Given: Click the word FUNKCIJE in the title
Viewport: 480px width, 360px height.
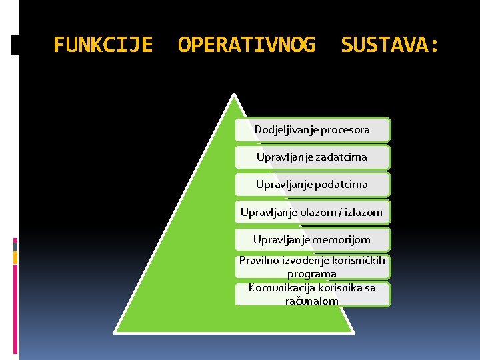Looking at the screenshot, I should point(103,45).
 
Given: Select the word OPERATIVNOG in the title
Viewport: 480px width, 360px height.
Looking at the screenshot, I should point(247,45).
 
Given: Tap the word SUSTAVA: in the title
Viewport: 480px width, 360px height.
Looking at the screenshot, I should point(390,45).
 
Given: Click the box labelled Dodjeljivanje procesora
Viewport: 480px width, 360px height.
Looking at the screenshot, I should point(312,130).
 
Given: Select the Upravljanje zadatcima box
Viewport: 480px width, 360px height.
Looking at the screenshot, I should point(312,157).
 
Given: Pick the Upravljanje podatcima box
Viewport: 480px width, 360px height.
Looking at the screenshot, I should point(312,184).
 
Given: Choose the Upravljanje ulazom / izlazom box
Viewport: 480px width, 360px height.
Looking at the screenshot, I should point(312,213).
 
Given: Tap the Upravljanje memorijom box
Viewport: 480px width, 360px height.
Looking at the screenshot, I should point(312,239).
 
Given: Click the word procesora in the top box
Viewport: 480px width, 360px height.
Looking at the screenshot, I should point(345,130).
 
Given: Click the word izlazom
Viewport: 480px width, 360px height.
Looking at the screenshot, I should point(364,213).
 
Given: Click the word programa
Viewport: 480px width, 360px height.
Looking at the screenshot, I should point(312,273).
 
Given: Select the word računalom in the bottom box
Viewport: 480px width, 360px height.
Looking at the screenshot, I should point(312,301).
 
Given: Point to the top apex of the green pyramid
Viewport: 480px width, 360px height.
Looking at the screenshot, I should point(234,95).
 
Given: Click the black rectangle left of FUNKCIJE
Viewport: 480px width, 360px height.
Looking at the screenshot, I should point(15,45).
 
